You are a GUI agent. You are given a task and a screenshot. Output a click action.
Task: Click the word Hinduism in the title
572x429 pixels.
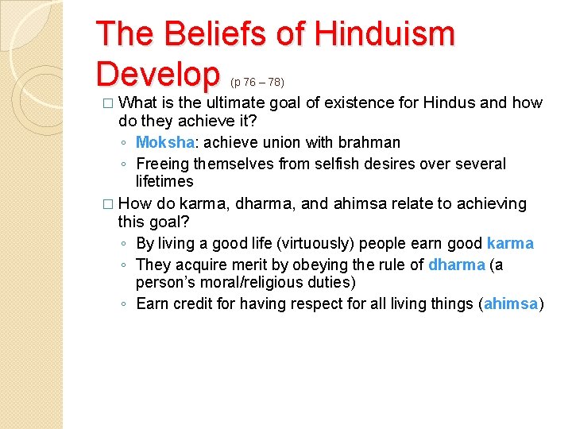point(385,34)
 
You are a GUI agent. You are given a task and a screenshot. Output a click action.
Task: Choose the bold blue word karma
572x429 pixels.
point(510,243)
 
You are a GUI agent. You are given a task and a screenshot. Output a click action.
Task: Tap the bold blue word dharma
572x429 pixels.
point(456,265)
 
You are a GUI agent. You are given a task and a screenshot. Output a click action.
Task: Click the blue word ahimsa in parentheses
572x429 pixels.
point(512,303)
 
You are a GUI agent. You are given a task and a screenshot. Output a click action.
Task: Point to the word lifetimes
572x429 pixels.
point(164,181)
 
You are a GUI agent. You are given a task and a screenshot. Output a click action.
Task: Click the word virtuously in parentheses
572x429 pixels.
point(304,243)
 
